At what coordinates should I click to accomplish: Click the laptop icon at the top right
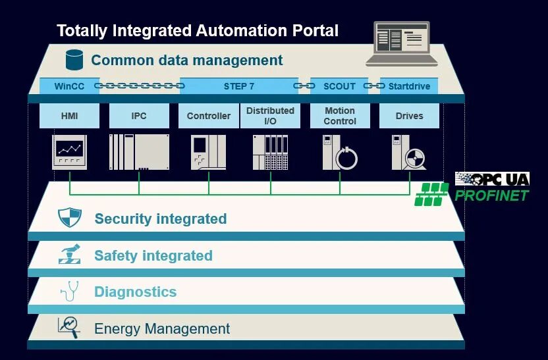click(x=402, y=43)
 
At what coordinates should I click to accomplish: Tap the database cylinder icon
click(x=74, y=59)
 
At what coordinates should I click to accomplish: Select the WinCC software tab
click(x=69, y=86)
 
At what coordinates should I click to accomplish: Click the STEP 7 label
click(x=239, y=86)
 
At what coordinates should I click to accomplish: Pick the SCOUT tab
click(x=339, y=86)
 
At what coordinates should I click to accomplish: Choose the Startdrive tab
click(x=409, y=86)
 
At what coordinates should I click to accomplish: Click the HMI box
click(x=69, y=116)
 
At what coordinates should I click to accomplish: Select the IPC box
click(x=139, y=116)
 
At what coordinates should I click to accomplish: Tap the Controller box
click(x=208, y=116)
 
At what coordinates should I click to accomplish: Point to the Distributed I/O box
click(x=270, y=116)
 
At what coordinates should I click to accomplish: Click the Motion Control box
click(x=340, y=116)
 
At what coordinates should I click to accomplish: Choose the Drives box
click(x=409, y=116)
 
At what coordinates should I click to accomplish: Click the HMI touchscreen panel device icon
click(x=69, y=152)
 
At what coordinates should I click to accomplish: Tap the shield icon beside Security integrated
click(x=70, y=218)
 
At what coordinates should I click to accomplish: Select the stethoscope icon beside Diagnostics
click(x=69, y=290)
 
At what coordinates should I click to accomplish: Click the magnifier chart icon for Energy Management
click(x=68, y=326)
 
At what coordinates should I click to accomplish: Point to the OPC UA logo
click(x=493, y=179)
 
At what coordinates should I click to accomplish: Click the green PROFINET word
click(x=491, y=195)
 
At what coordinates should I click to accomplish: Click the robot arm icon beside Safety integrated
click(x=70, y=254)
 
